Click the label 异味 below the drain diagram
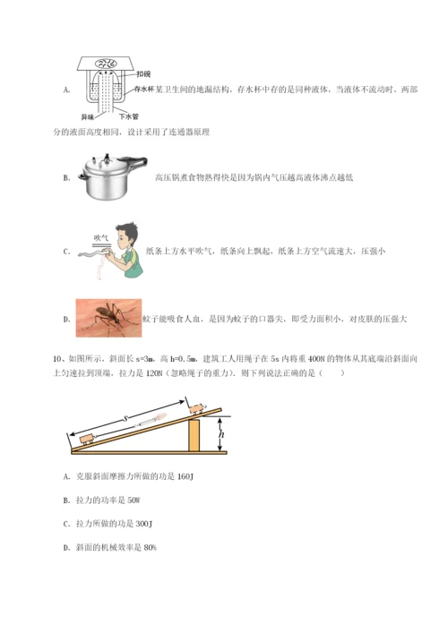[86, 116]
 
